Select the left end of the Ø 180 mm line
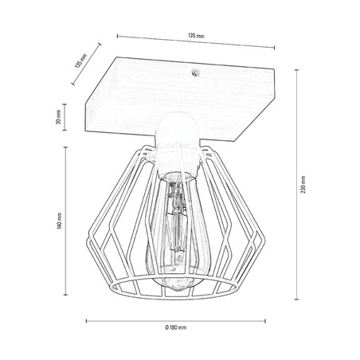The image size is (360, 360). click(x=85, y=322)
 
